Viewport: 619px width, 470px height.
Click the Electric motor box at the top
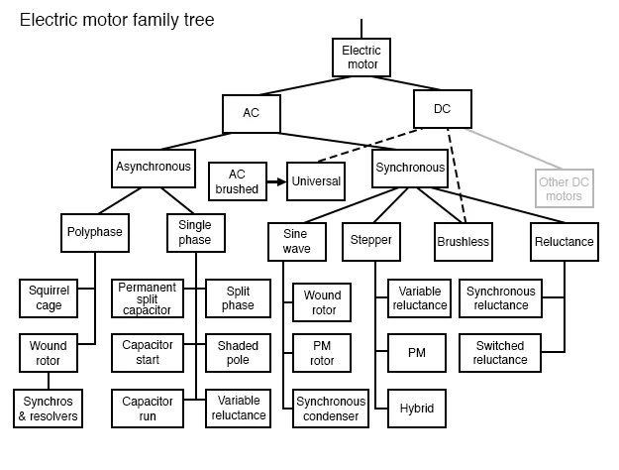click(x=361, y=58)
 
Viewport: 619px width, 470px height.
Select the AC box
click(x=251, y=112)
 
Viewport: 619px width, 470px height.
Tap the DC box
click(x=442, y=108)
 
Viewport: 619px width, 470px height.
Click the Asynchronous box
click(x=153, y=168)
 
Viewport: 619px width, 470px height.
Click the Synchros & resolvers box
click(x=47, y=409)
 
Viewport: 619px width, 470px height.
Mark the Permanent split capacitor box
click(x=147, y=297)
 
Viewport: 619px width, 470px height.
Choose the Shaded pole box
click(x=238, y=353)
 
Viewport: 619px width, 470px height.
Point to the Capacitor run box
click(x=147, y=409)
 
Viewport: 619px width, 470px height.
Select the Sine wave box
click(x=289, y=240)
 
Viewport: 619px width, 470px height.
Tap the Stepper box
click(x=370, y=240)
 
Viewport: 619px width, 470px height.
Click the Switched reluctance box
click(x=500, y=353)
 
